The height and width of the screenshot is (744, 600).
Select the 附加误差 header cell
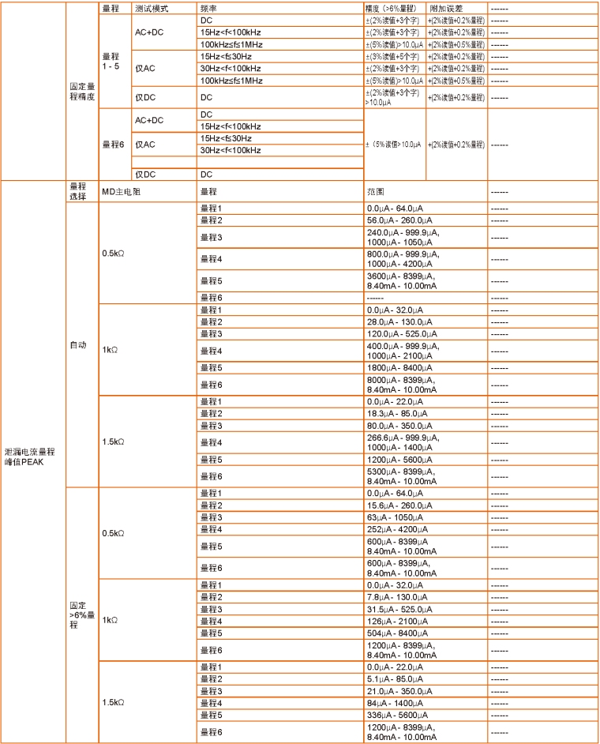[445, 7]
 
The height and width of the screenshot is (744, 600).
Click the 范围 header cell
[375, 192]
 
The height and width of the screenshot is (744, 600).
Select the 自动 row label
[78, 344]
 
